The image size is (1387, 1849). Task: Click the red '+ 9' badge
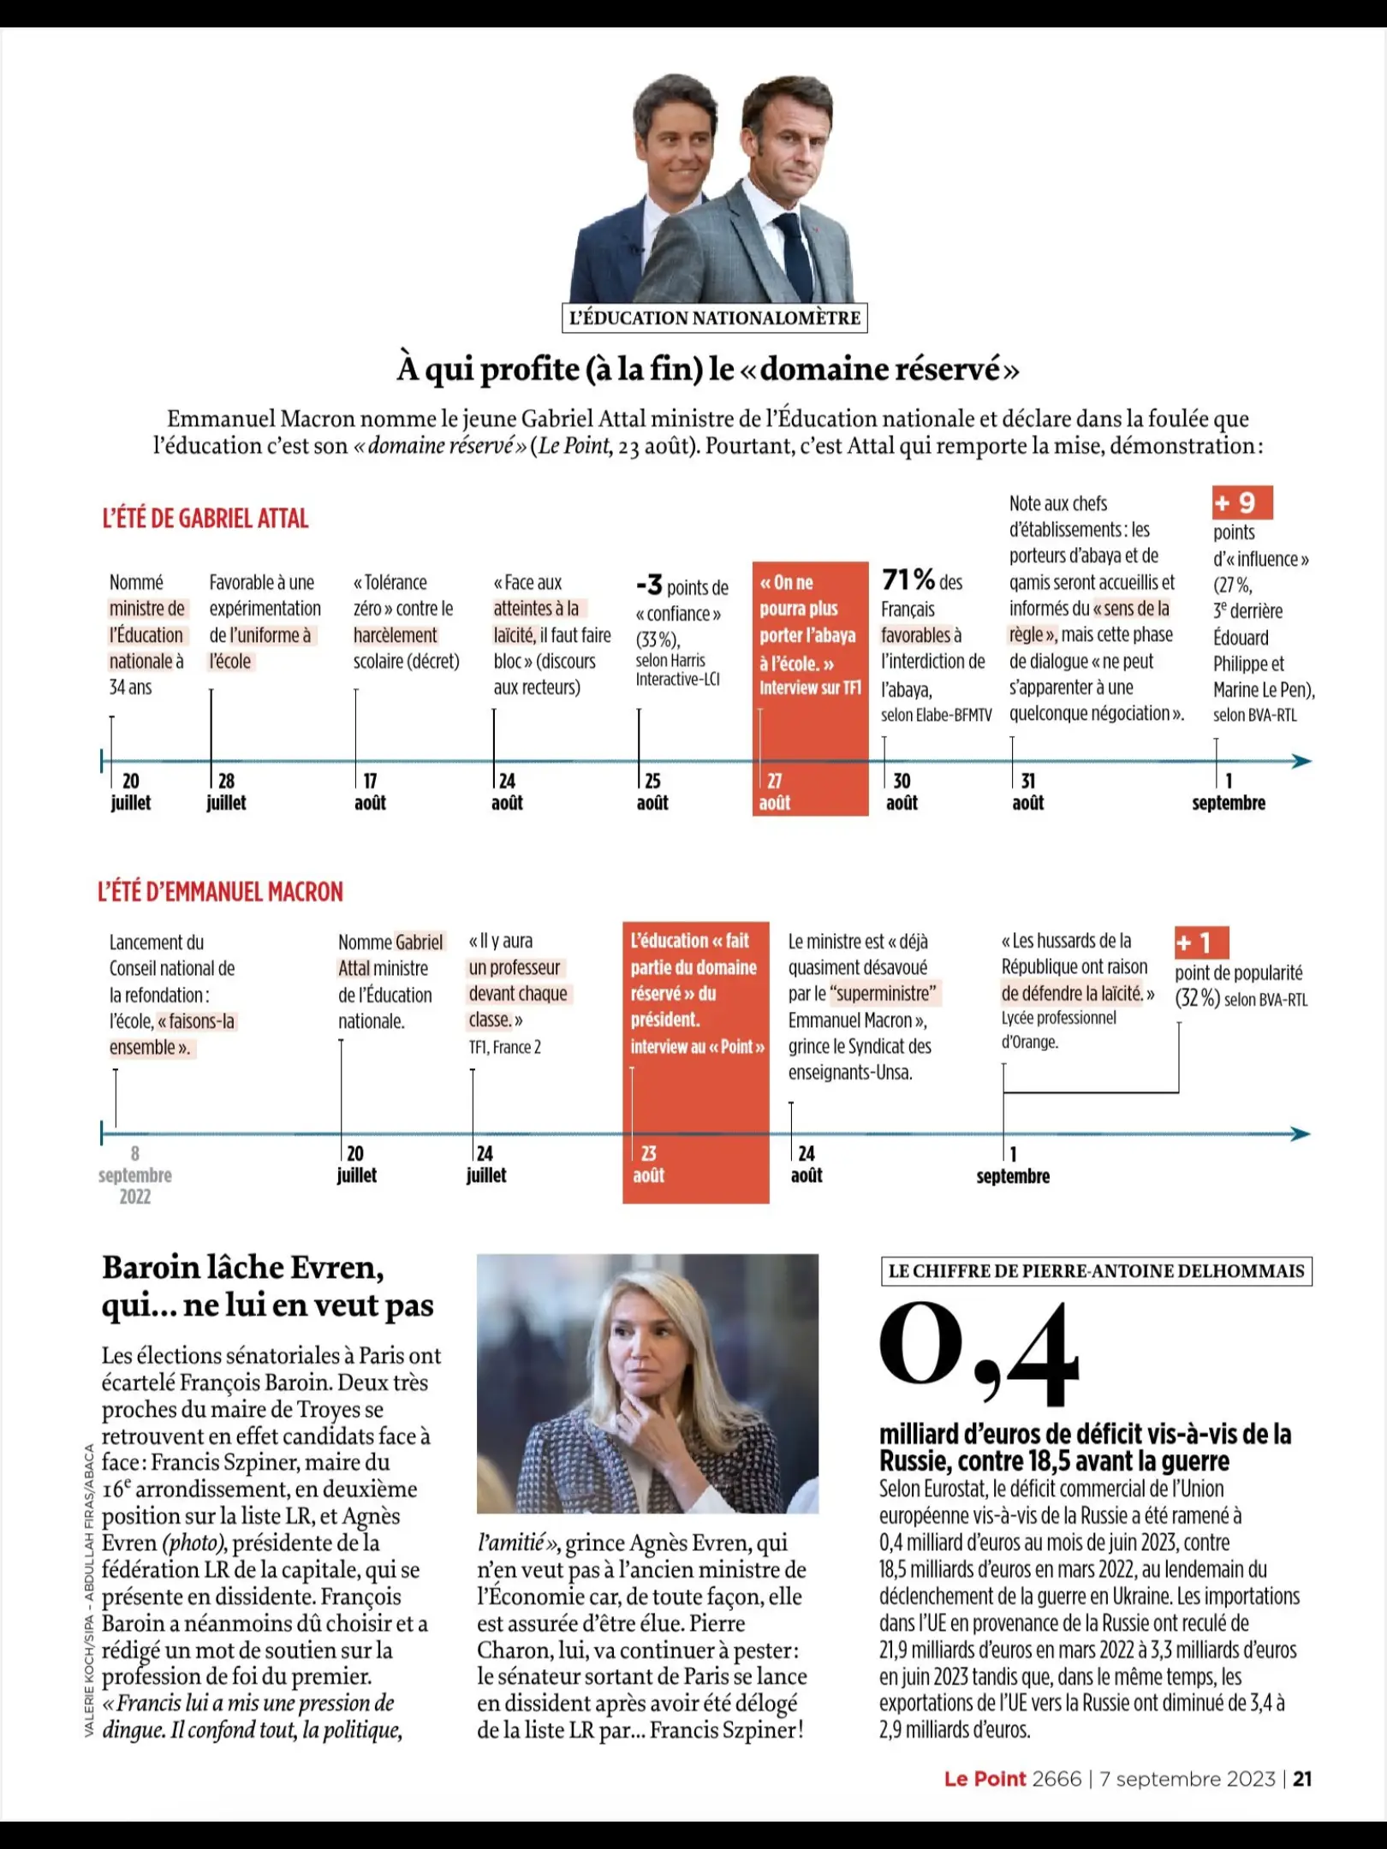1242,502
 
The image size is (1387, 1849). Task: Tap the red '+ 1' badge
1201,942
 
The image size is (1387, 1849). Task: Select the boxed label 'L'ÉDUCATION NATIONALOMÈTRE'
715,318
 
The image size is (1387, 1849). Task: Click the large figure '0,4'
979,1353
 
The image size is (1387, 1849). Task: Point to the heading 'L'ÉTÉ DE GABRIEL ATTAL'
205,518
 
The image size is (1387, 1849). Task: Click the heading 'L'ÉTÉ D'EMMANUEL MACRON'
220,891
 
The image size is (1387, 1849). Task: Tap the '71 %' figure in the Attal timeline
908,580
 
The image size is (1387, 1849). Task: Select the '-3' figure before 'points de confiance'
649,585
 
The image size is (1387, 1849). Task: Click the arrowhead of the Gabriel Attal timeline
1301,761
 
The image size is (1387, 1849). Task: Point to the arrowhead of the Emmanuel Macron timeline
1301,1134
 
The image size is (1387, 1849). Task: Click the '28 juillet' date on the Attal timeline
226,792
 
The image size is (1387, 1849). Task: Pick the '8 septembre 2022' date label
135,1174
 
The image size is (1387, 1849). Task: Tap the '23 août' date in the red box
649,1164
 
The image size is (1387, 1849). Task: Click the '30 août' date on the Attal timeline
902,792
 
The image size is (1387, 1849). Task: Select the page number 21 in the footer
1302,1779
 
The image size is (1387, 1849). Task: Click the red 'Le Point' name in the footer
985,1779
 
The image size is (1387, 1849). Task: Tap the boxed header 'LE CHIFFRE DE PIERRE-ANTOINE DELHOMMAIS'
1097,1271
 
